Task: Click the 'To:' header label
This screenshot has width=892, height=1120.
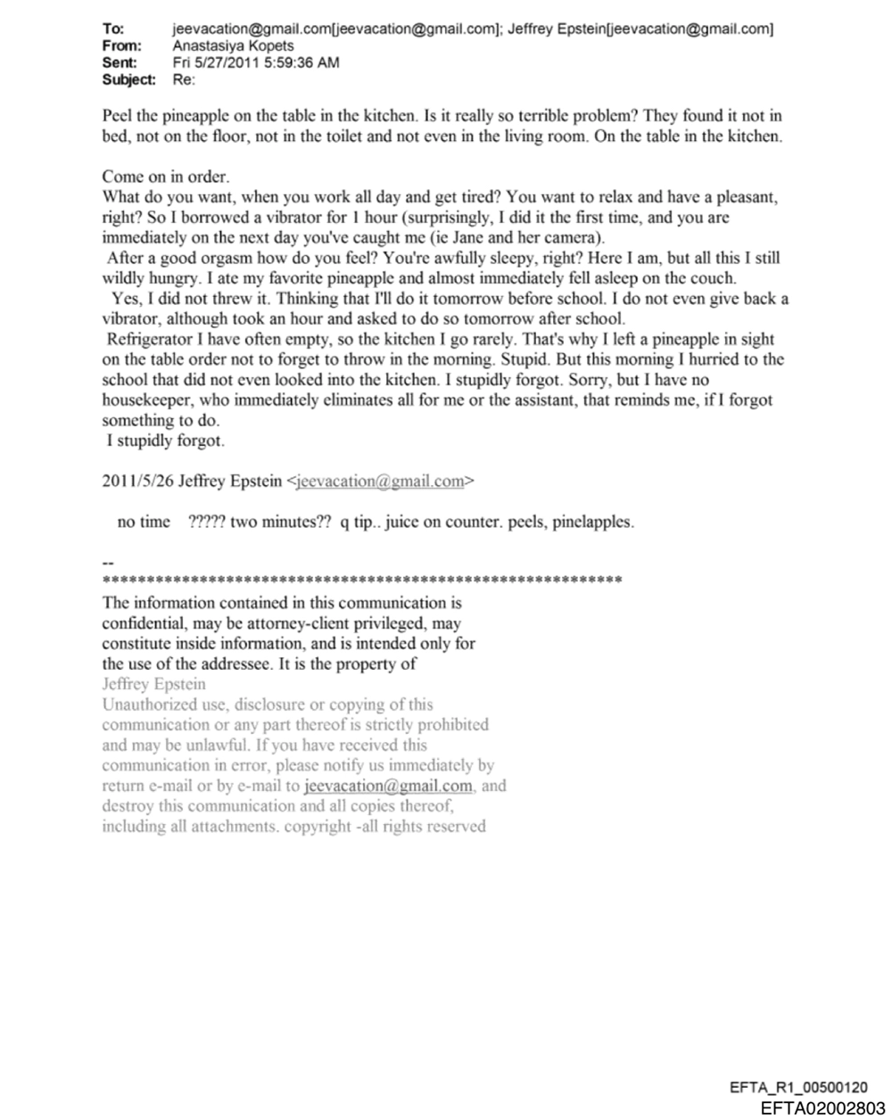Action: click(113, 29)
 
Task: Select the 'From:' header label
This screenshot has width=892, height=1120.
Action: click(121, 45)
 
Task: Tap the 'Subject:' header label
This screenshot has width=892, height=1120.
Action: click(128, 79)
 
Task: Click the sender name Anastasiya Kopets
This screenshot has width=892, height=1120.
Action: click(233, 45)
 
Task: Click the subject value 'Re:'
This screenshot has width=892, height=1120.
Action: click(183, 79)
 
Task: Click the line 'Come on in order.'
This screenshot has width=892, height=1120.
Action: click(165, 177)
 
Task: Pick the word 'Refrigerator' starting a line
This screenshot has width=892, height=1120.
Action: click(149, 339)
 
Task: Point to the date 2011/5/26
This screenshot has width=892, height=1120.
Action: click(137, 482)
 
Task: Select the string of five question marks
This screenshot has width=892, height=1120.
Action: click(207, 522)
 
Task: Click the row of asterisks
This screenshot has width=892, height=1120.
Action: click(362, 581)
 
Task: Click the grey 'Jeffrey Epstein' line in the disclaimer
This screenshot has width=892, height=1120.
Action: click(153, 684)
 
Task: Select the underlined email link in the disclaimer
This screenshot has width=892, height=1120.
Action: click(387, 786)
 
